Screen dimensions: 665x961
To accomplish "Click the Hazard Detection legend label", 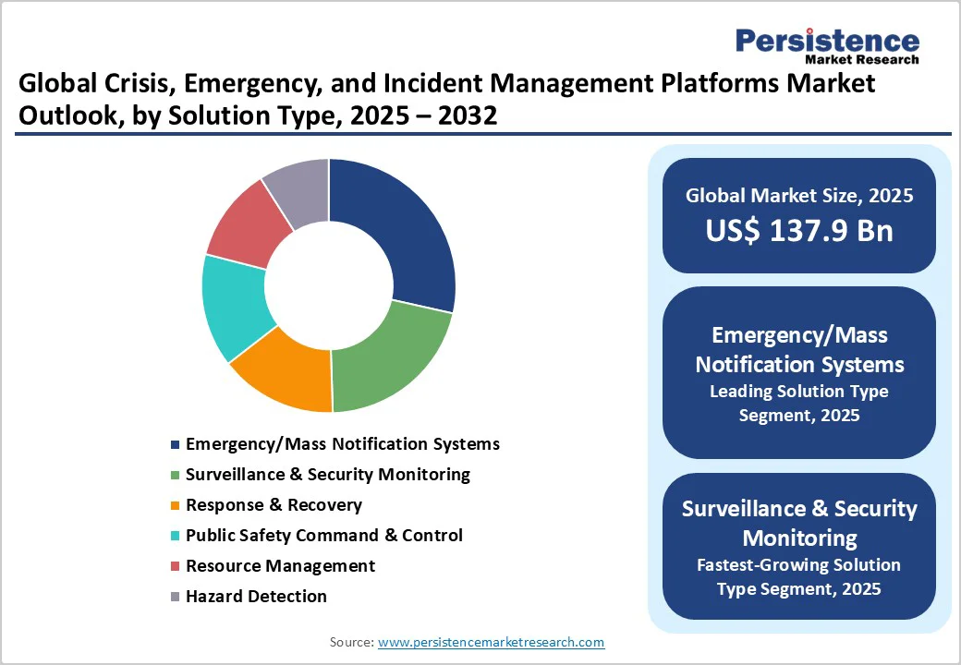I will click(256, 597).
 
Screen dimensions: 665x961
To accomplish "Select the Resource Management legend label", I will click(280, 566).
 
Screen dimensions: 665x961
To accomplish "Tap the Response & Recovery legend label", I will click(274, 505).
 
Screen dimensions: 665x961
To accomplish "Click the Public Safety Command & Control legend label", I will click(324, 536).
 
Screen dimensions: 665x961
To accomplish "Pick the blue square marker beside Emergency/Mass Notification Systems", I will click(175, 445).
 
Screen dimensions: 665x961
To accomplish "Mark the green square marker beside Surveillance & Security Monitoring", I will click(175, 476).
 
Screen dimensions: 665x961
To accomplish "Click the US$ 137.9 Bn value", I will click(799, 231).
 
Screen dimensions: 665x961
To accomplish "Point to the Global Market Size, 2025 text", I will click(799, 196).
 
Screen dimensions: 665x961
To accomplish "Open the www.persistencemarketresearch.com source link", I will click(491, 642).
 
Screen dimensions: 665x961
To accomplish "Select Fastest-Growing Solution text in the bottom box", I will click(799, 565).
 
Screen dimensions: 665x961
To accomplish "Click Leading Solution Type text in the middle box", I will click(799, 392).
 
